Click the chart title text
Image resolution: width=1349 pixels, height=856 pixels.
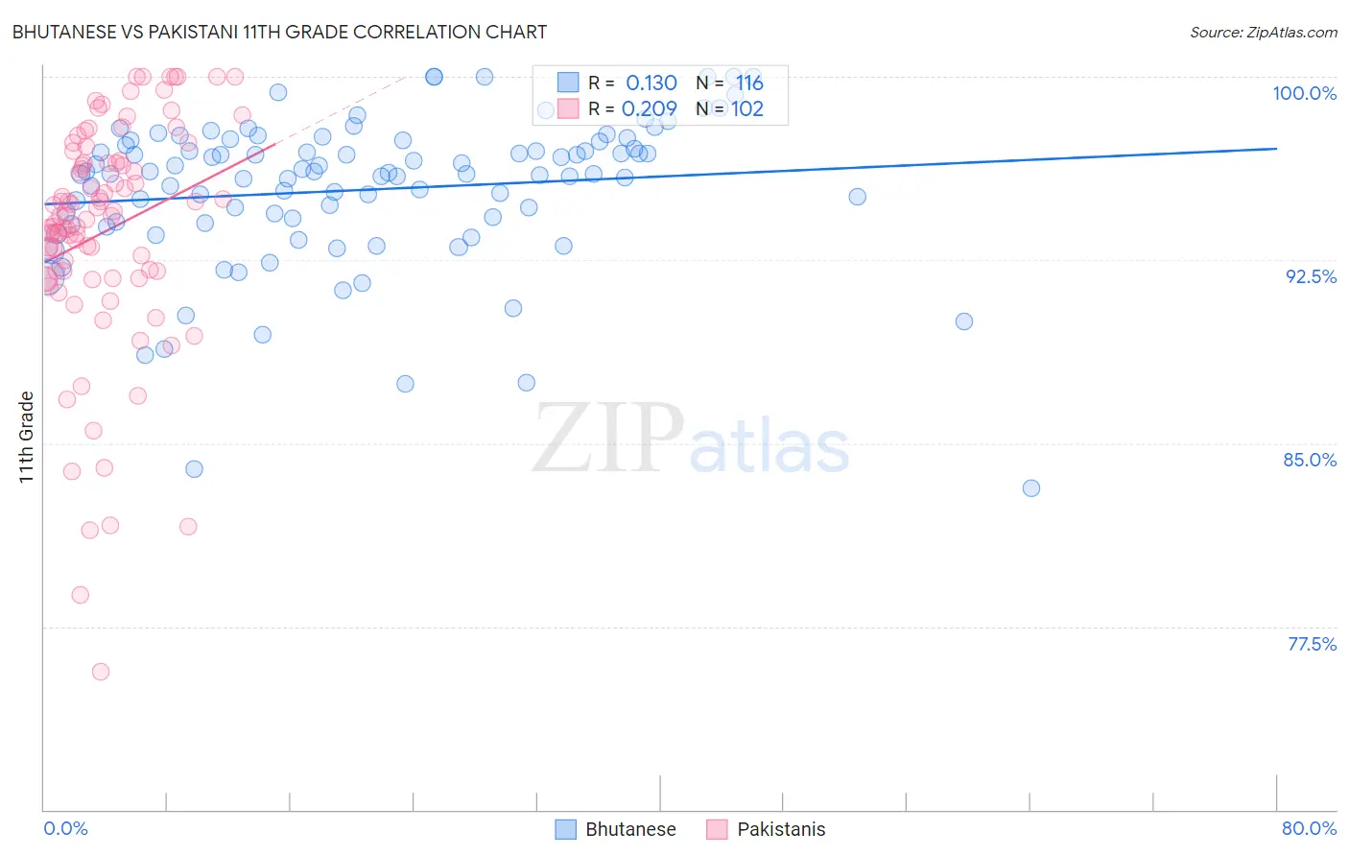[x=279, y=32]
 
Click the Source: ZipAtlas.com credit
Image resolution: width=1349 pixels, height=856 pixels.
[x=1263, y=32]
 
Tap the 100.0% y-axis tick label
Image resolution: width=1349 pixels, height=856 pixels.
[x=1304, y=93]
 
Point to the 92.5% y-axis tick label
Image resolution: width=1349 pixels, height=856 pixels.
[x=1311, y=276]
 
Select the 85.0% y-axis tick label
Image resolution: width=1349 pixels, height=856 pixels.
[x=1310, y=460]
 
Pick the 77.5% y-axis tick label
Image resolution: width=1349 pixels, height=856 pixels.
[x=1312, y=644]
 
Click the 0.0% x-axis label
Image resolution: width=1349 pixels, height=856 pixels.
[x=65, y=828]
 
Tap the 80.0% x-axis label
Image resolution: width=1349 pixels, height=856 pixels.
[x=1309, y=828]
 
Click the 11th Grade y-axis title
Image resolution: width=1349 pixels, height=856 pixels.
[x=27, y=437]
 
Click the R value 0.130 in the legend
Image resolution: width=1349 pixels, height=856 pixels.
[x=651, y=83]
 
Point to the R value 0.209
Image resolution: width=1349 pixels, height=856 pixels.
[x=650, y=109]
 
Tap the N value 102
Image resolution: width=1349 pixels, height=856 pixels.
[x=747, y=109]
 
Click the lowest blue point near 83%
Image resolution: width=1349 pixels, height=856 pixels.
[x=1031, y=488]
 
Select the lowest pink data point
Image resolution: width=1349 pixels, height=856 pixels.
[x=101, y=672]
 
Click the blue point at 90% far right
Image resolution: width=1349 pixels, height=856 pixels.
[x=964, y=321]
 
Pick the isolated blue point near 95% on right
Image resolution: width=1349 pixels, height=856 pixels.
[x=858, y=197]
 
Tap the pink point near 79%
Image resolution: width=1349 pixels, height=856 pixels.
[x=81, y=595]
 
